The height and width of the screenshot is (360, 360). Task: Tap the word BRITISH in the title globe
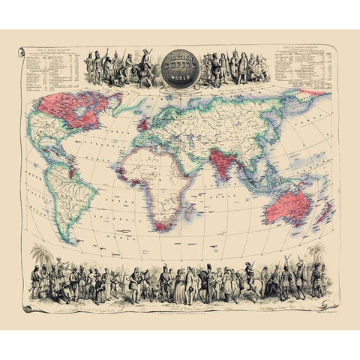pos(179,58)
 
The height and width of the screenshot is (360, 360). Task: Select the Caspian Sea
pos(196,135)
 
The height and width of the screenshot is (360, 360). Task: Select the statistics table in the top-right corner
pos(303,71)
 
